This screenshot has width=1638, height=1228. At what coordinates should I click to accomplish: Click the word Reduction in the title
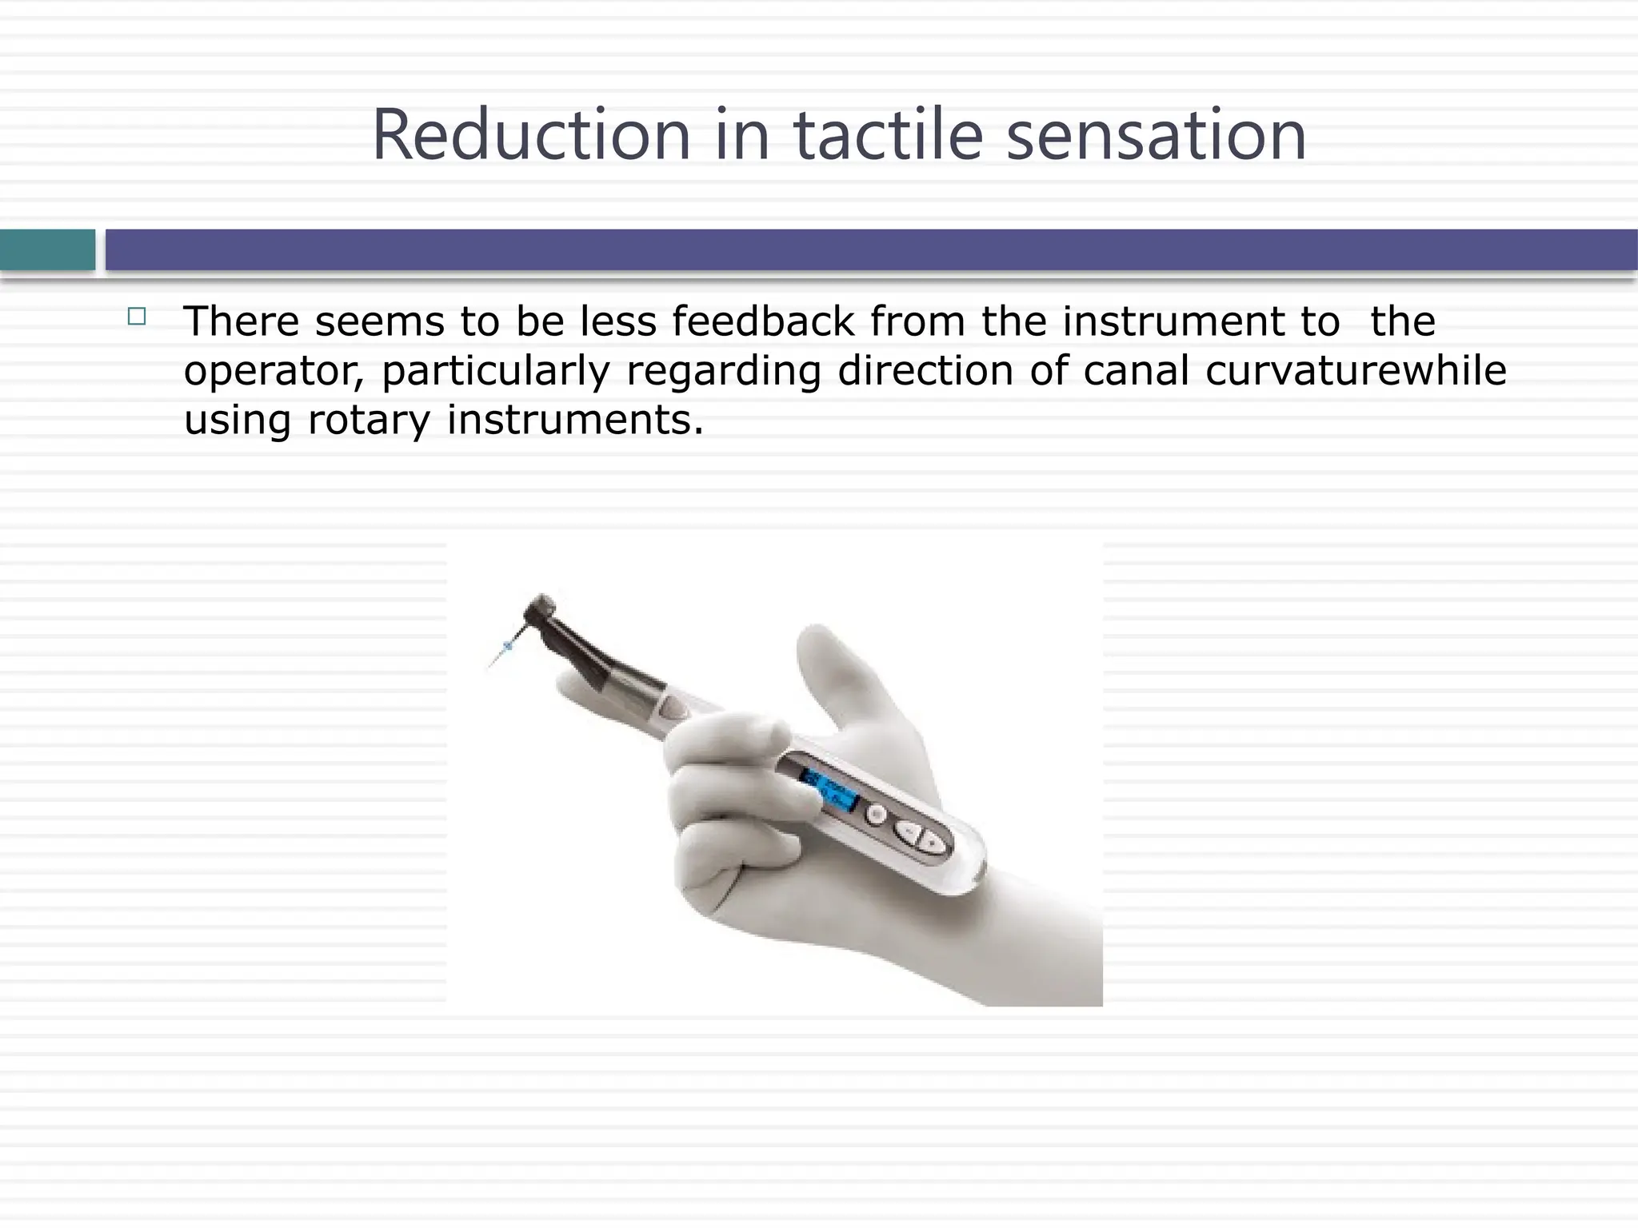(x=531, y=136)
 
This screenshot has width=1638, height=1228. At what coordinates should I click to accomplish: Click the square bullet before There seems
(x=137, y=317)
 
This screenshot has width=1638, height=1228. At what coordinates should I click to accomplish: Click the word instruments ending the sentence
(x=573, y=420)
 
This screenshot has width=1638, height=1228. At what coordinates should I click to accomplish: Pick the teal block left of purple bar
(x=47, y=250)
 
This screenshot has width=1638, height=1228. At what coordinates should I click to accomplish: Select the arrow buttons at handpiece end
(x=921, y=836)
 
